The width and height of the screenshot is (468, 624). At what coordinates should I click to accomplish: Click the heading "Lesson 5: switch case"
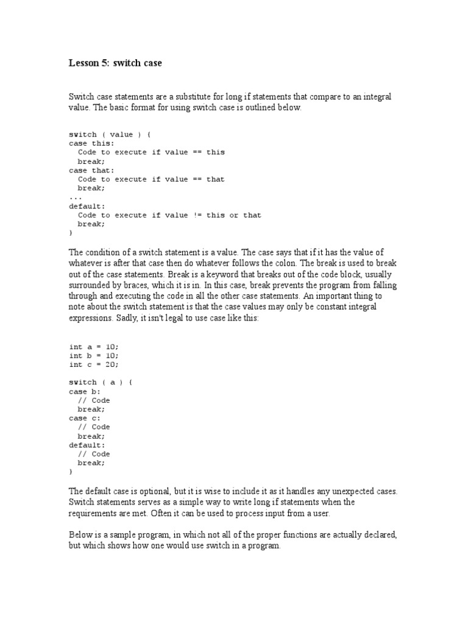click(x=115, y=63)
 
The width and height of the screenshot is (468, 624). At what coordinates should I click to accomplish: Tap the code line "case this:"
click(x=91, y=143)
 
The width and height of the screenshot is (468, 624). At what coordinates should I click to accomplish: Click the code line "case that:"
click(x=91, y=170)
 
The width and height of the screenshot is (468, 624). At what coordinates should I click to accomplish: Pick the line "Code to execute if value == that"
click(x=151, y=179)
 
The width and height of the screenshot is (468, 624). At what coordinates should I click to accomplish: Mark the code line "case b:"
click(x=85, y=391)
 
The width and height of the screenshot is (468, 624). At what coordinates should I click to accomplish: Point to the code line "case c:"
click(x=85, y=418)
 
